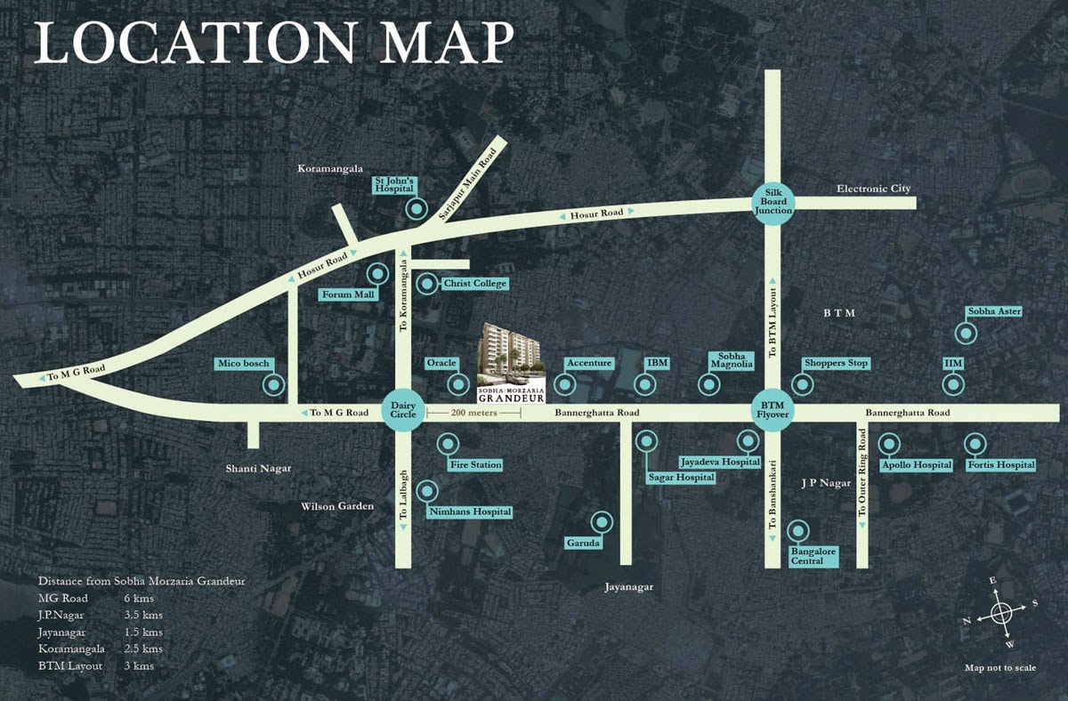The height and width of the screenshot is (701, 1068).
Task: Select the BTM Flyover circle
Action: [772, 412]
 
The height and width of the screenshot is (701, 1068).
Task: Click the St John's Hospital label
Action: [392, 187]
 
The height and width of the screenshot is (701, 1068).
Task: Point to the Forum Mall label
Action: [349, 294]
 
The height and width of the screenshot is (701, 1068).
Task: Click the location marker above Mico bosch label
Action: [275, 386]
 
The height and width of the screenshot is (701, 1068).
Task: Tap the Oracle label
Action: [441, 364]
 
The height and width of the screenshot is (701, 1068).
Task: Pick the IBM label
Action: [658, 364]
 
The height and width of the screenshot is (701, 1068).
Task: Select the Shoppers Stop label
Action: [836, 364]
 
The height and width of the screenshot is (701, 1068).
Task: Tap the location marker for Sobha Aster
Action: [966, 334]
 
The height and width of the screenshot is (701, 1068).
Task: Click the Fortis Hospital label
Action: [1002, 464]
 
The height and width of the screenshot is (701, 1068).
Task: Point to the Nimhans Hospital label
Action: [470, 512]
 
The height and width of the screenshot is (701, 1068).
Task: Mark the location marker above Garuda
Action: [603, 521]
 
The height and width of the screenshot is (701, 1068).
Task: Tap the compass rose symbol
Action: [1000, 613]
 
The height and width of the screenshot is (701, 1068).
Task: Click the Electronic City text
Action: [873, 189]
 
